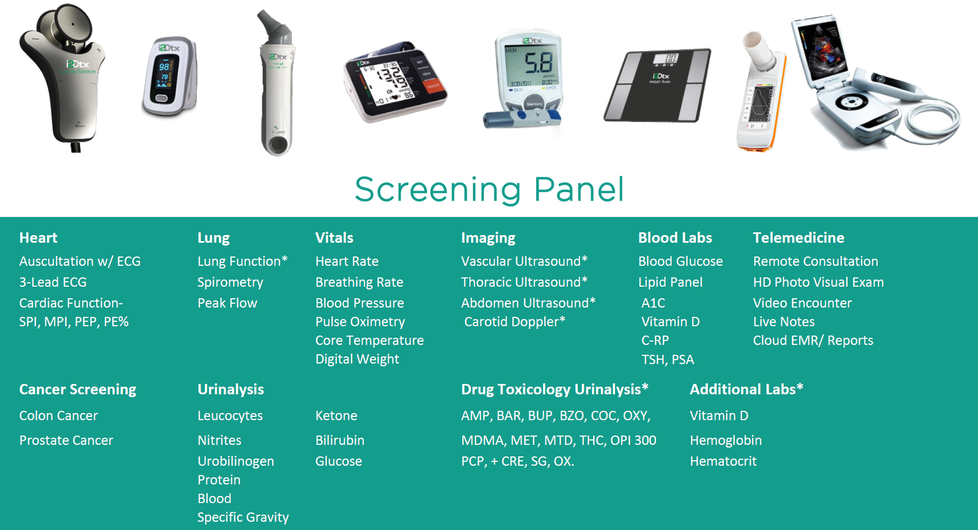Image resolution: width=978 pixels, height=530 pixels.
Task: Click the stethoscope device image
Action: pos(63,77)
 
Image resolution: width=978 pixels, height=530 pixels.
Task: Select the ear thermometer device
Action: pos(277,82)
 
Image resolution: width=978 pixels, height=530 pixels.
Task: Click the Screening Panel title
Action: pos(489,189)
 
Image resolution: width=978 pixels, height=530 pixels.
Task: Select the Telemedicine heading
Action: pos(798,238)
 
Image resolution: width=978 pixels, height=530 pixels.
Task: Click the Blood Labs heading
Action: pos(675,238)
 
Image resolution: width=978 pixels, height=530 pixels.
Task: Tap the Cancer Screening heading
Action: pos(78,389)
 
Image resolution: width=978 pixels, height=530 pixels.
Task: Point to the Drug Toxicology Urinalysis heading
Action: pos(555,389)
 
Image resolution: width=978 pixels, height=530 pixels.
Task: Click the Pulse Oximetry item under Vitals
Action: pos(360,322)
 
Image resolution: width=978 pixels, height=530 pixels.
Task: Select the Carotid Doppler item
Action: pos(515,322)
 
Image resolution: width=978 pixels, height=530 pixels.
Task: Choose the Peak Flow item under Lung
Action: pos(227,303)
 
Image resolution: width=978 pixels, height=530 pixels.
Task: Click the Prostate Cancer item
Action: pos(66,440)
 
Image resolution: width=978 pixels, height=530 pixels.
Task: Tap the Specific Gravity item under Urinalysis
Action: pos(243,517)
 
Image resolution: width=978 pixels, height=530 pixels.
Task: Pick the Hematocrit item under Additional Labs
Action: pos(723,461)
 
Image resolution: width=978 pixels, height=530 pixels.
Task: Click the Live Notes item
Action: pos(783,322)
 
